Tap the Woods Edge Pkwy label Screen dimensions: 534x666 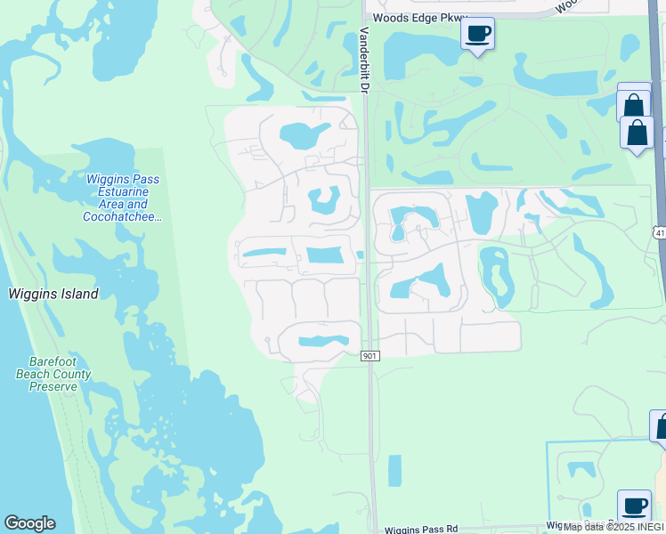(419, 17)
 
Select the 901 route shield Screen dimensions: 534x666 (371, 356)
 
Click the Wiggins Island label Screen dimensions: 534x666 (53, 294)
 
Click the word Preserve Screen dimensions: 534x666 (53, 386)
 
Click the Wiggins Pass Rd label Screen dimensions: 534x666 (421, 529)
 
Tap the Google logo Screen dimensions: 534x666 (29, 523)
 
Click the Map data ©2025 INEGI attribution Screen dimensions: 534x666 (612, 527)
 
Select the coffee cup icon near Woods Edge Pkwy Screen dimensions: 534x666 (478, 34)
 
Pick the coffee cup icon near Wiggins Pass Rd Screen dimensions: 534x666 (634, 506)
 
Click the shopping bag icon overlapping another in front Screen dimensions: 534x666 (638, 134)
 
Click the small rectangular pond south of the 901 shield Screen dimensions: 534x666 (394, 471)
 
